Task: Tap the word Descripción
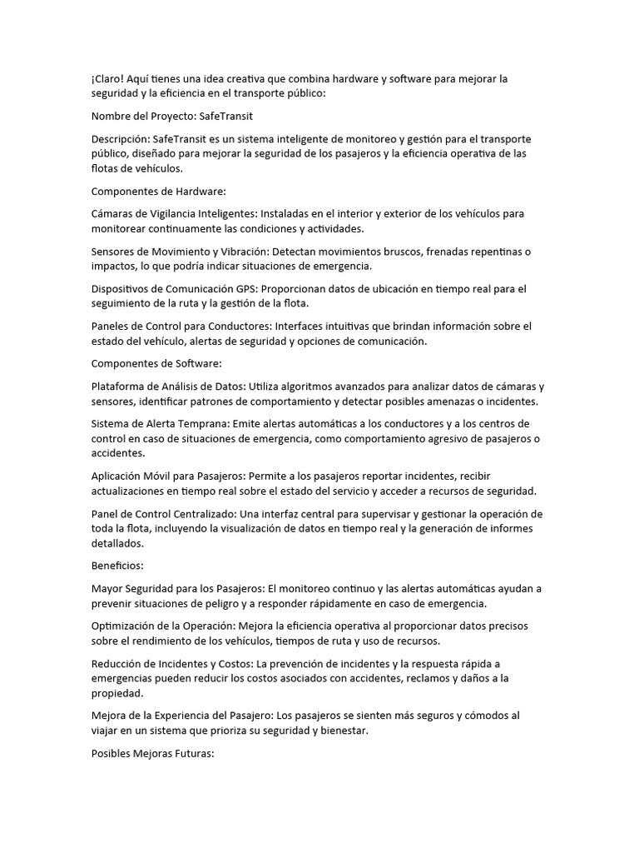121,138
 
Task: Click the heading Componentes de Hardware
158,191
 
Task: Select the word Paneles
112,326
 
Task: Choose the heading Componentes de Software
156,363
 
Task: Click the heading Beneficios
117,566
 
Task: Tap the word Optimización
127,626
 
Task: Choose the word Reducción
120,663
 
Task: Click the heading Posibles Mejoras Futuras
152,753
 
